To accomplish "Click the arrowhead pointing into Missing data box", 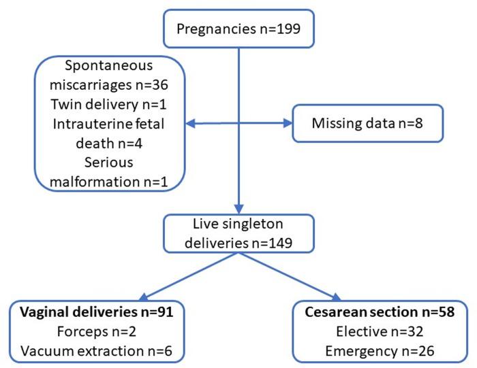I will click(x=286, y=123).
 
